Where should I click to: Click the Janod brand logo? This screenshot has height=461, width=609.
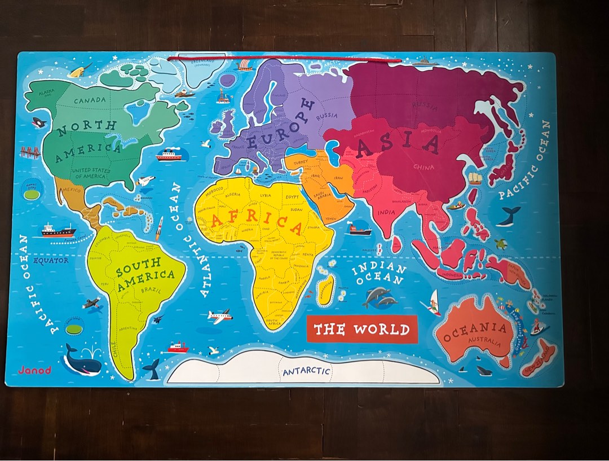point(34,370)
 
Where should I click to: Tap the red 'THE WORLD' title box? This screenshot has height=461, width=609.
point(361,329)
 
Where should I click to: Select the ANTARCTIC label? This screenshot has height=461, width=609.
point(306,372)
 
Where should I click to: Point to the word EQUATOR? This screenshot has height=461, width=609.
point(51,261)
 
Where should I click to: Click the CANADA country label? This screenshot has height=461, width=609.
point(90,100)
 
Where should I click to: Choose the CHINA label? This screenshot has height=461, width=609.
point(423,167)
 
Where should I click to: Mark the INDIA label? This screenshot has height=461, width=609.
point(386,212)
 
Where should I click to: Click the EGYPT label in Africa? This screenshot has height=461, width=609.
point(293,197)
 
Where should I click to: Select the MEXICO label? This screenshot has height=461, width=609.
point(73,190)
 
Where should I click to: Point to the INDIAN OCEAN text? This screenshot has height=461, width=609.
point(379,274)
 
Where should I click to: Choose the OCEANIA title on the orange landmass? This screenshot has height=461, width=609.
point(474,332)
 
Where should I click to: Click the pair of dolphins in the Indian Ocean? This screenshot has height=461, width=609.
point(379,297)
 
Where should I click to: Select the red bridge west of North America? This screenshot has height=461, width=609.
point(29,151)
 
